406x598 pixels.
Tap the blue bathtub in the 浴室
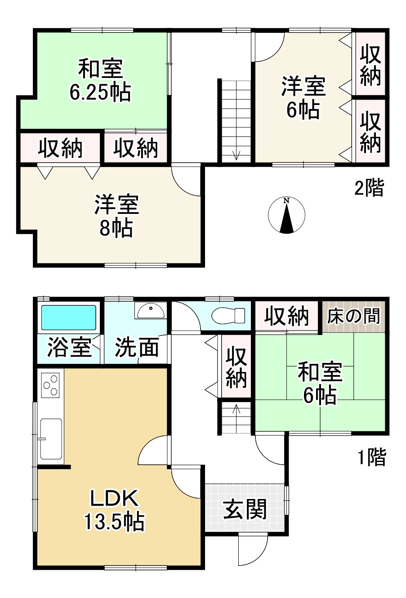coord(69,318)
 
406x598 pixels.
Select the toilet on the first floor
coord(228,315)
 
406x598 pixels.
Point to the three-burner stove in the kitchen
coord(50,385)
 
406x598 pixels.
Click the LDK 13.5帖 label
coord(114,510)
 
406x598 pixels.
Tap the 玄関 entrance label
coord(245,509)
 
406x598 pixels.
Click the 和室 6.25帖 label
coord(100,80)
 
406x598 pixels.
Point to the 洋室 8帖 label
coord(116,216)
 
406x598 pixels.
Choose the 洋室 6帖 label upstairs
coord(303,97)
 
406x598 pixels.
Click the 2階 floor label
coord(369,188)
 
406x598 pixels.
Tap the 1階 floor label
coord(371,458)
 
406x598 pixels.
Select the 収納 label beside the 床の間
coord(286,316)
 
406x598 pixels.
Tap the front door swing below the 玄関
coord(252,550)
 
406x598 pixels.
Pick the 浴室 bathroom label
coord(69,348)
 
